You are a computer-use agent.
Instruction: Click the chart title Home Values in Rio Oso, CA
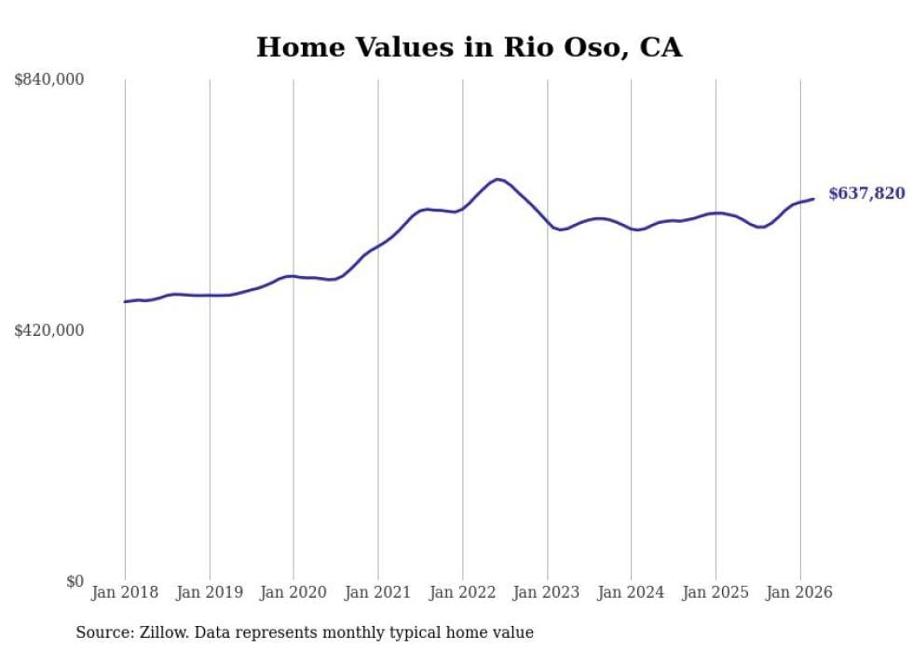coord(469,48)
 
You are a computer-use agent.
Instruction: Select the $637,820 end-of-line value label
coord(866,193)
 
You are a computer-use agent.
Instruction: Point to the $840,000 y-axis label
coord(49,80)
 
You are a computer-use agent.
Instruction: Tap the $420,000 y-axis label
coord(49,330)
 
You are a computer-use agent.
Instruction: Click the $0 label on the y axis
coord(75,581)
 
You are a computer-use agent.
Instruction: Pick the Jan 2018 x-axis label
coord(125,592)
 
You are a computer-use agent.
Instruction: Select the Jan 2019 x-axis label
coord(210,592)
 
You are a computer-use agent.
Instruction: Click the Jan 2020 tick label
coord(293,592)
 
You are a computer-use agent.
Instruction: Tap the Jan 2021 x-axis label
coord(378,592)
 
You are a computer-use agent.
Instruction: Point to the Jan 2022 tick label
coord(463,592)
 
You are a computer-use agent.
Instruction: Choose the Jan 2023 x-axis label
coord(547,592)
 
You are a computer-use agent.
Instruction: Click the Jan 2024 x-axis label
coord(632,592)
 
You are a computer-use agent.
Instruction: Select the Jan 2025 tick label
coord(715,592)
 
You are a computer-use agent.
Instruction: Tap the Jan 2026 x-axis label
coord(800,592)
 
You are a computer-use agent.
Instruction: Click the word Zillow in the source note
coord(161,632)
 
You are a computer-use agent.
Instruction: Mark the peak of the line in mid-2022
coord(498,179)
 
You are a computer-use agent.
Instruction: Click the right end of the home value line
coord(813,199)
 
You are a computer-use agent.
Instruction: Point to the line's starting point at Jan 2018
coord(125,301)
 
